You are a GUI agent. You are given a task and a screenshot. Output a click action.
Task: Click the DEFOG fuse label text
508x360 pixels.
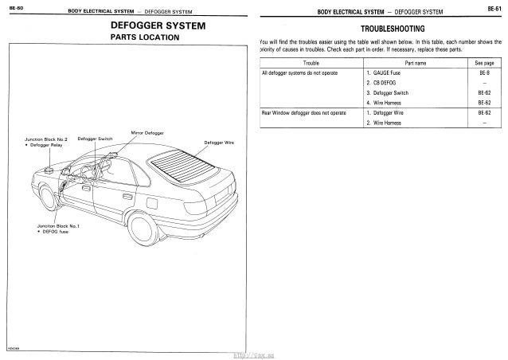point(53,231)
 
